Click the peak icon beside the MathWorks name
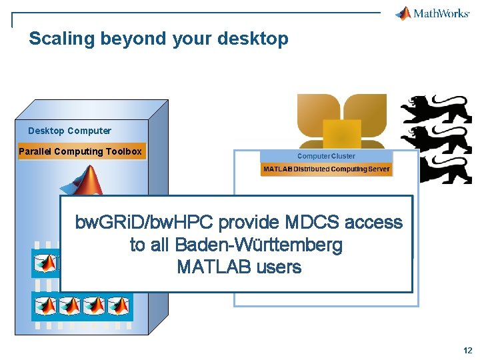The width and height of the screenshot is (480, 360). (x=404, y=13)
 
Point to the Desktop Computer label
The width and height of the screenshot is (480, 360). (x=69, y=131)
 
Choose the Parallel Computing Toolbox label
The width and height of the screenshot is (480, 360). (x=80, y=151)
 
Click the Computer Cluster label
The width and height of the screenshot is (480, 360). (x=326, y=156)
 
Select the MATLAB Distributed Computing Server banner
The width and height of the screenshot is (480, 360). (x=326, y=169)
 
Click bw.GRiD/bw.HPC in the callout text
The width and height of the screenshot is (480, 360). (x=144, y=222)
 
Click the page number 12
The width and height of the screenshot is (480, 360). (x=466, y=350)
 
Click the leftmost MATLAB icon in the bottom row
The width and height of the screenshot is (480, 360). (x=45, y=305)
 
